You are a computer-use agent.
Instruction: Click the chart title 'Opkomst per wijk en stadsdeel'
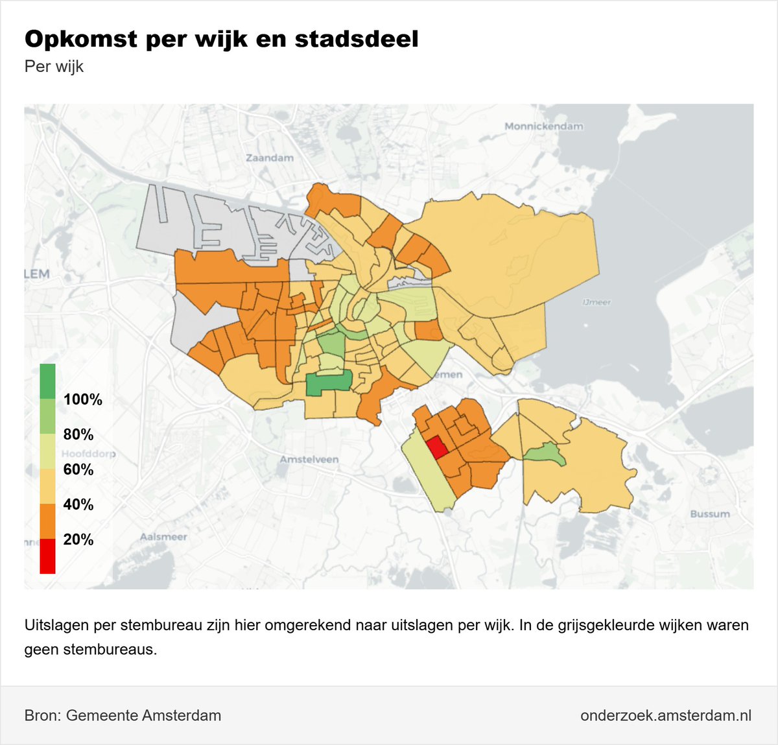coord(221,39)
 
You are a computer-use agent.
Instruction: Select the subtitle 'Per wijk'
coord(54,67)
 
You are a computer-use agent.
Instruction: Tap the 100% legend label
coord(82,399)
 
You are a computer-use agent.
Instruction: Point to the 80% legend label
coord(78,434)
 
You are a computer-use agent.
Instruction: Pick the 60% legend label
coord(78,469)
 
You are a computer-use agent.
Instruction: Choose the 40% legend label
coord(78,504)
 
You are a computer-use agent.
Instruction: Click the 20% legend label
coord(78,539)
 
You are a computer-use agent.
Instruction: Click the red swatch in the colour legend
coord(47,556)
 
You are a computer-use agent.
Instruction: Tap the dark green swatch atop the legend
coord(47,381)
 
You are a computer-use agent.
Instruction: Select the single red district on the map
coord(436,448)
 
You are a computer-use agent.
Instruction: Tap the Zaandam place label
coord(269,158)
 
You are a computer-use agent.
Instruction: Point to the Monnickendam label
coord(543,126)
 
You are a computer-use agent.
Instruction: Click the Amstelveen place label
coord(309,459)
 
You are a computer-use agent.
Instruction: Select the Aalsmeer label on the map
coord(163,537)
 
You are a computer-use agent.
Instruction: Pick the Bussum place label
coord(709,514)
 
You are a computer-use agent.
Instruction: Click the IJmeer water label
coord(596,302)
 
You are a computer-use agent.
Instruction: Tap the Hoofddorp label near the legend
coord(88,453)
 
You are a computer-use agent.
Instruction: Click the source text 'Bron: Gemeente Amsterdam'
coord(123,715)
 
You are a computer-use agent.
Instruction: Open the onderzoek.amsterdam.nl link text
coord(666,715)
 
